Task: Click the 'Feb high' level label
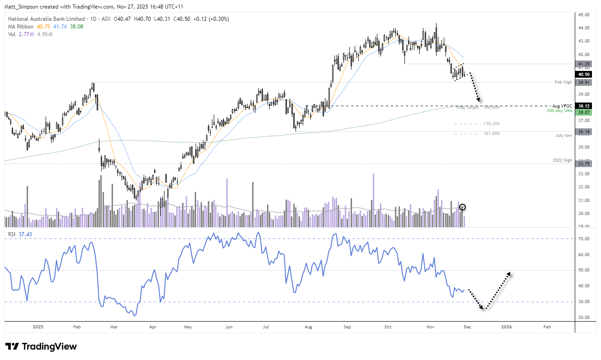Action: point(564,82)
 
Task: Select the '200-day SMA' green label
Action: point(559,111)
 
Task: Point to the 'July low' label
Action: point(564,135)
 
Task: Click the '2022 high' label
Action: point(563,160)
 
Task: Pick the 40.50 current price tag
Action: point(583,74)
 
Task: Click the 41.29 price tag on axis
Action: point(583,64)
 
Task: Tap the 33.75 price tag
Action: point(583,164)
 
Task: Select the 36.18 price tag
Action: point(583,132)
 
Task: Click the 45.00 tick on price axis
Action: point(583,14)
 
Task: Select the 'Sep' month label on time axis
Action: point(347,326)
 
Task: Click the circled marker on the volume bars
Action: point(462,207)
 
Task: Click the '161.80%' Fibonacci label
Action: point(492,133)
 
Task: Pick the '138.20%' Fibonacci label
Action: point(492,123)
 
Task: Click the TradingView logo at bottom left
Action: point(41,346)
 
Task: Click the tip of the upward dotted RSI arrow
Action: point(510,272)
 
